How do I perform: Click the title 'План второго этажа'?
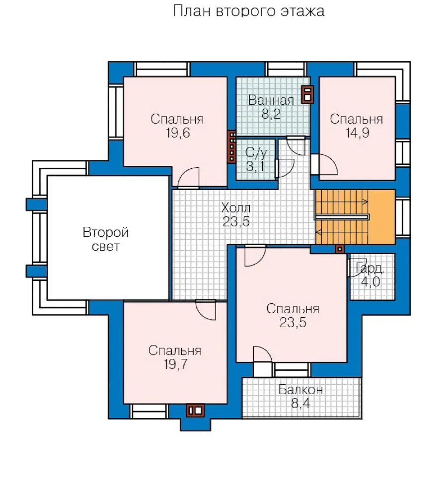(248, 11)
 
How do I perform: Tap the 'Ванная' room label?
(271, 100)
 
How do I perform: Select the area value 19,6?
(178, 133)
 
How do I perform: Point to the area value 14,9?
(357, 133)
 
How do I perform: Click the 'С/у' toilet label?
(256, 153)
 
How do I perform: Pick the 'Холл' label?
(235, 208)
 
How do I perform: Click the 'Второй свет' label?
(105, 239)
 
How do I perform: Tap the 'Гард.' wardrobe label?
(369, 269)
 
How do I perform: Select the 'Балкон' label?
(300, 390)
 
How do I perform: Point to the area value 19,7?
(175, 364)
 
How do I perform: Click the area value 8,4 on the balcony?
(300, 403)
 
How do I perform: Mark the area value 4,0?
(371, 281)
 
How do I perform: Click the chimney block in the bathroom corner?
(307, 94)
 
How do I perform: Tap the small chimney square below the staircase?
(339, 249)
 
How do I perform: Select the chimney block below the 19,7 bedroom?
(195, 411)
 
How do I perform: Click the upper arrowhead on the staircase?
(365, 202)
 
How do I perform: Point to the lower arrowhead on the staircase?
(318, 233)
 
